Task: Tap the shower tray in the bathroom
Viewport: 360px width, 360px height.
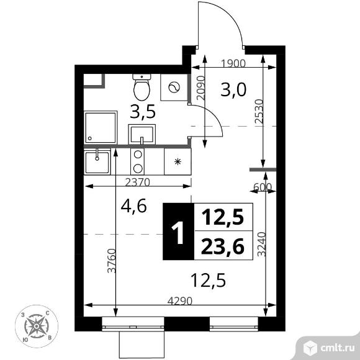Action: pos(101,127)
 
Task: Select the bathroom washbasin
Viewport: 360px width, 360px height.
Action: pos(142,135)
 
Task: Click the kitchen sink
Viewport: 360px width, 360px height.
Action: pos(97,161)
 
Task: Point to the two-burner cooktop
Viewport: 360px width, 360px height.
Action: pos(138,161)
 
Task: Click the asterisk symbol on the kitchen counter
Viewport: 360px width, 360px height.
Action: pos(178,162)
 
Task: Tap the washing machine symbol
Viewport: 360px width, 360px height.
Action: pos(174,88)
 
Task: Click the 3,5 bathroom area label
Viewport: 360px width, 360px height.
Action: pos(143,112)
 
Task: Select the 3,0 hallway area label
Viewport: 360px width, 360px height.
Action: pos(233,90)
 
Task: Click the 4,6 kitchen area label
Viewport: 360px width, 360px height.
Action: pos(133,206)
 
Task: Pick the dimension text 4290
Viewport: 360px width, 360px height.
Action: pos(179,300)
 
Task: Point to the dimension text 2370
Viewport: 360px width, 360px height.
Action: pos(138,182)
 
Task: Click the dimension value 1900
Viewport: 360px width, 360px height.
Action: pos(233,63)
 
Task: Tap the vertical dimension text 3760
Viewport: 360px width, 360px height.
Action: pos(112,261)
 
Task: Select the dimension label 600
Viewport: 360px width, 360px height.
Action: pos(263,187)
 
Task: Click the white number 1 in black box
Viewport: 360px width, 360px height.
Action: pos(178,233)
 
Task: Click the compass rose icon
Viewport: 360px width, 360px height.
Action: pos(36,326)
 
